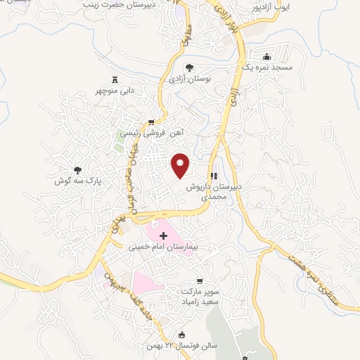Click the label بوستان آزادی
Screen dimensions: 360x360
[x=190, y=80]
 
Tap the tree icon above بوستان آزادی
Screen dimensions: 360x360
[x=190, y=67]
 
